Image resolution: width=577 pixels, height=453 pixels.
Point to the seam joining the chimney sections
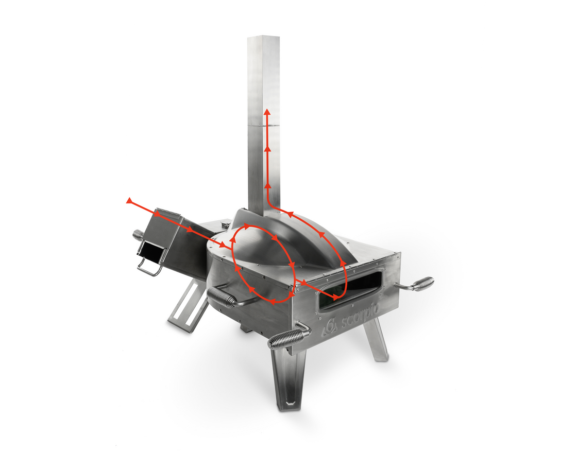click(263, 125)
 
